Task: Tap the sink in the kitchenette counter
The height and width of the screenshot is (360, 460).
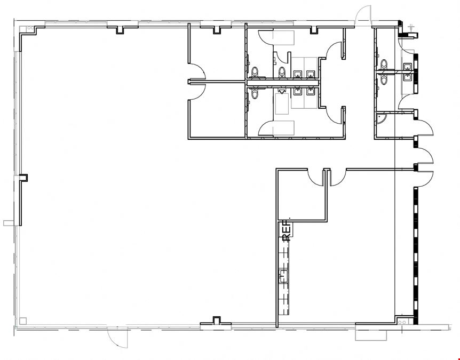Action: coord(283,276)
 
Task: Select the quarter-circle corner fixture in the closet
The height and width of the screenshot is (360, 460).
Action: coord(381,118)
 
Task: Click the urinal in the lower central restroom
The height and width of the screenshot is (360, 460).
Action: coord(282,91)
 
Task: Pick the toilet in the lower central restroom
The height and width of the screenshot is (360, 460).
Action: coord(255,93)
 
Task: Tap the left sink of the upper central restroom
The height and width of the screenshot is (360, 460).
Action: coord(298,74)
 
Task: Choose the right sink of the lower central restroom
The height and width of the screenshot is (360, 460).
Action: coord(311,91)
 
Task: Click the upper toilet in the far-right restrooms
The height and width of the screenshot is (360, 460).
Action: coord(384,64)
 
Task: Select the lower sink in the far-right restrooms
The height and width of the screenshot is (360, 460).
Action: coord(408,78)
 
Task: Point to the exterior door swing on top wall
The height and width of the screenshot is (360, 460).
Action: coord(363,13)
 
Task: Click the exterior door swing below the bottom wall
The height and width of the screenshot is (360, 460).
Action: coord(117,338)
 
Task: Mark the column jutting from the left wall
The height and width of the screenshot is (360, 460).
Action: coord(23,178)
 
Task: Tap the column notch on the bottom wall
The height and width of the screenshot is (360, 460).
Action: coord(216,321)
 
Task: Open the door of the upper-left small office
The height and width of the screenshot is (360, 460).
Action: coord(196,70)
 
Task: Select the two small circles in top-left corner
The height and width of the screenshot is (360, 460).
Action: coord(30,28)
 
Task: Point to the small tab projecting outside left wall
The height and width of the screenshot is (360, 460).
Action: coord(8,223)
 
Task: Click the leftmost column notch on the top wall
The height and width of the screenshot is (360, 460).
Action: coord(120,30)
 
